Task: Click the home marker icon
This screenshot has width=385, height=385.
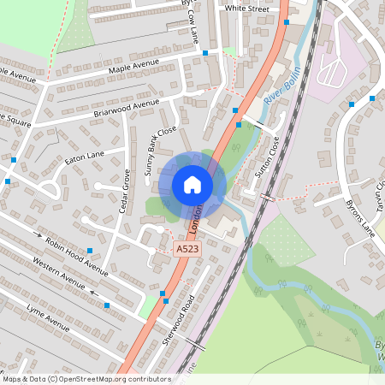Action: [x=192, y=185]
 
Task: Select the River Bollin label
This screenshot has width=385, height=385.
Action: [x=282, y=86]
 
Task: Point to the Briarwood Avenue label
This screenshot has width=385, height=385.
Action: [x=127, y=108]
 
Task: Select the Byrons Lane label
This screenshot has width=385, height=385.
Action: [x=363, y=218]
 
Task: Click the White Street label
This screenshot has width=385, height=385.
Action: [x=246, y=8]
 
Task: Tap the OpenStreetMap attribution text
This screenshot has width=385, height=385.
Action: [x=86, y=378]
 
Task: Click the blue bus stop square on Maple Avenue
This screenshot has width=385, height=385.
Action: [x=205, y=53]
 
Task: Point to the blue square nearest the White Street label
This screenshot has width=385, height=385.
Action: [x=287, y=22]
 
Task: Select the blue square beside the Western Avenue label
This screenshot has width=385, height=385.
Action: [x=107, y=305]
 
